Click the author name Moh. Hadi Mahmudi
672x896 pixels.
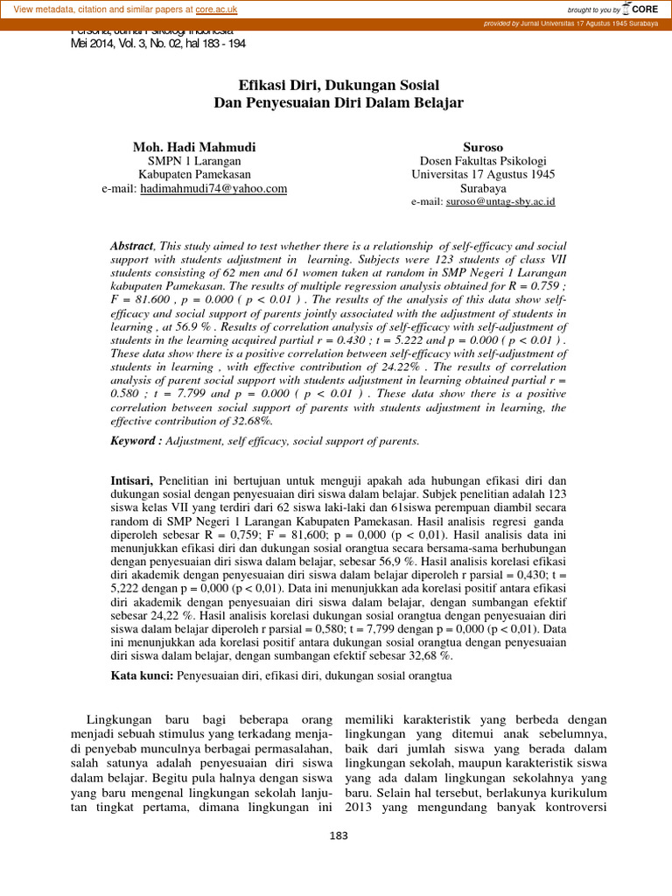pyautogui.click(x=194, y=146)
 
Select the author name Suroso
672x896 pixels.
pyautogui.click(x=483, y=146)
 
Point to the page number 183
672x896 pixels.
pyautogui.click(x=336, y=836)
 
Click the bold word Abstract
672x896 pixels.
pyautogui.click(x=131, y=248)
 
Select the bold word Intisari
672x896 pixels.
pyautogui.click(x=132, y=481)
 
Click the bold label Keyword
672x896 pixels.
pyautogui.click(x=136, y=441)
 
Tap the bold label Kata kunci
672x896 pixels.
pyautogui.click(x=142, y=675)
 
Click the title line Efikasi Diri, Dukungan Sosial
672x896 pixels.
pyautogui.click(x=339, y=85)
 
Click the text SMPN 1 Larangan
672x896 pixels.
pyautogui.click(x=194, y=161)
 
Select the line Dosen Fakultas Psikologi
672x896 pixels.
pyautogui.click(x=483, y=161)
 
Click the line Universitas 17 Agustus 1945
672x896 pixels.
pyautogui.click(x=483, y=174)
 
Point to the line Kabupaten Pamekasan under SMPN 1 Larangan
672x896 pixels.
pyautogui.click(x=194, y=174)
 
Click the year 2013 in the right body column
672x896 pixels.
pyautogui.click(x=360, y=808)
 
